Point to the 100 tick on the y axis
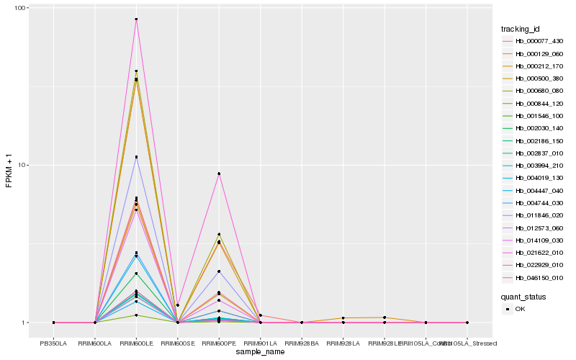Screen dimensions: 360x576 pyautogui.click(x=20, y=8)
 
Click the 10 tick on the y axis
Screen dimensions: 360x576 pyautogui.click(x=22, y=165)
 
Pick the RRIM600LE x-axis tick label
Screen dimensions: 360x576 pyautogui.click(x=136, y=343)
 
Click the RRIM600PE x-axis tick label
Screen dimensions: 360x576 pyautogui.click(x=219, y=343)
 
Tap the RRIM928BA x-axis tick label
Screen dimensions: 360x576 pyautogui.click(x=302, y=343)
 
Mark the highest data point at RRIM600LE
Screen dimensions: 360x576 pyautogui.click(x=136, y=19)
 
